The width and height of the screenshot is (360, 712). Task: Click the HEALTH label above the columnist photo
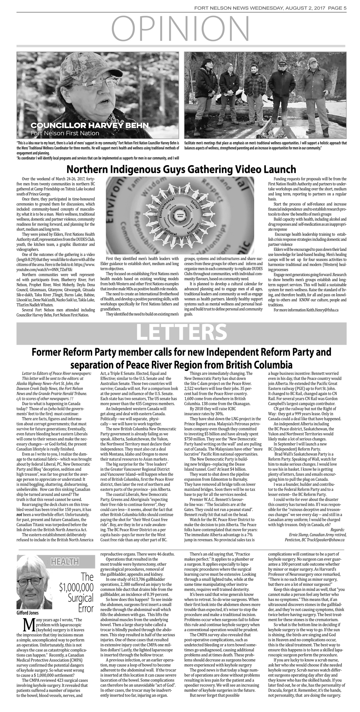click(65, 563)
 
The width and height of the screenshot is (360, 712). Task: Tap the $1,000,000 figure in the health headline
click(76, 587)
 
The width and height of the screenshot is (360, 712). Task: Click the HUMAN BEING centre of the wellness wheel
click(180, 215)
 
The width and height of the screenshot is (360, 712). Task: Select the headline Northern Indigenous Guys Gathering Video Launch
click(181, 170)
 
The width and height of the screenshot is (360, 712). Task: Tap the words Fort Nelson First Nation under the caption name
click(65, 133)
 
